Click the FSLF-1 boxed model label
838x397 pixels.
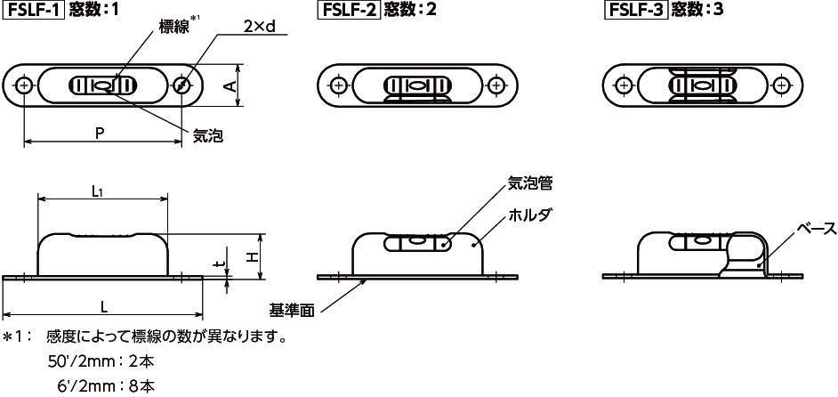click(33, 12)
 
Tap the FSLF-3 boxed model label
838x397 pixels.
click(635, 12)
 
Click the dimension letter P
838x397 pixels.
click(100, 132)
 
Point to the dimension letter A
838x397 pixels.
click(230, 86)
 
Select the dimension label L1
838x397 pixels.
click(100, 190)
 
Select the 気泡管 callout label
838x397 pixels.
click(530, 184)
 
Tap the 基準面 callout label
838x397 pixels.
click(292, 311)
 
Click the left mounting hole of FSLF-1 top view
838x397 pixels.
click(24, 86)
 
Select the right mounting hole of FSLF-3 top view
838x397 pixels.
click(781, 85)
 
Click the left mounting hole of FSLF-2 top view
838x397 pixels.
click(338, 85)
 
